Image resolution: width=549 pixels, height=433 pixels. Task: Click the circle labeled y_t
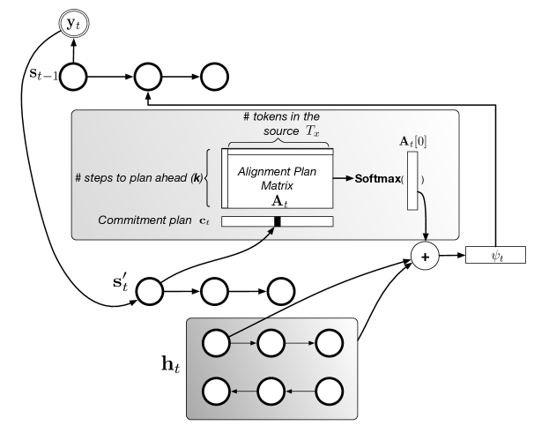(x=73, y=24)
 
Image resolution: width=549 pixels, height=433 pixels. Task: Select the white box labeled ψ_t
(x=495, y=255)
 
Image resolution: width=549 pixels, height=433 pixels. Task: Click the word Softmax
(x=377, y=179)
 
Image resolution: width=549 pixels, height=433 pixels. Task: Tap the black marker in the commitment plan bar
(x=277, y=221)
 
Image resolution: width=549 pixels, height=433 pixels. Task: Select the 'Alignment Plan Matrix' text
(x=277, y=177)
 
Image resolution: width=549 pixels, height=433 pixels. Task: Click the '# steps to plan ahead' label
(x=138, y=178)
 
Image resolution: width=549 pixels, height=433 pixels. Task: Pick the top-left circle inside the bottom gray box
(x=216, y=342)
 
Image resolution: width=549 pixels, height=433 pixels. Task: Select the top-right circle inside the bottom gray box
(x=329, y=342)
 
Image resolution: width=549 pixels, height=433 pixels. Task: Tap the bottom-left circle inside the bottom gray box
(x=216, y=389)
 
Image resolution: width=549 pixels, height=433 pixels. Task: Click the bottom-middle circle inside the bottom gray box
(x=272, y=389)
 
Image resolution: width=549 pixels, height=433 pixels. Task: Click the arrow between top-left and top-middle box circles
(x=243, y=342)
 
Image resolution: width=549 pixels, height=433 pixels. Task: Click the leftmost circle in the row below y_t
(x=73, y=78)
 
